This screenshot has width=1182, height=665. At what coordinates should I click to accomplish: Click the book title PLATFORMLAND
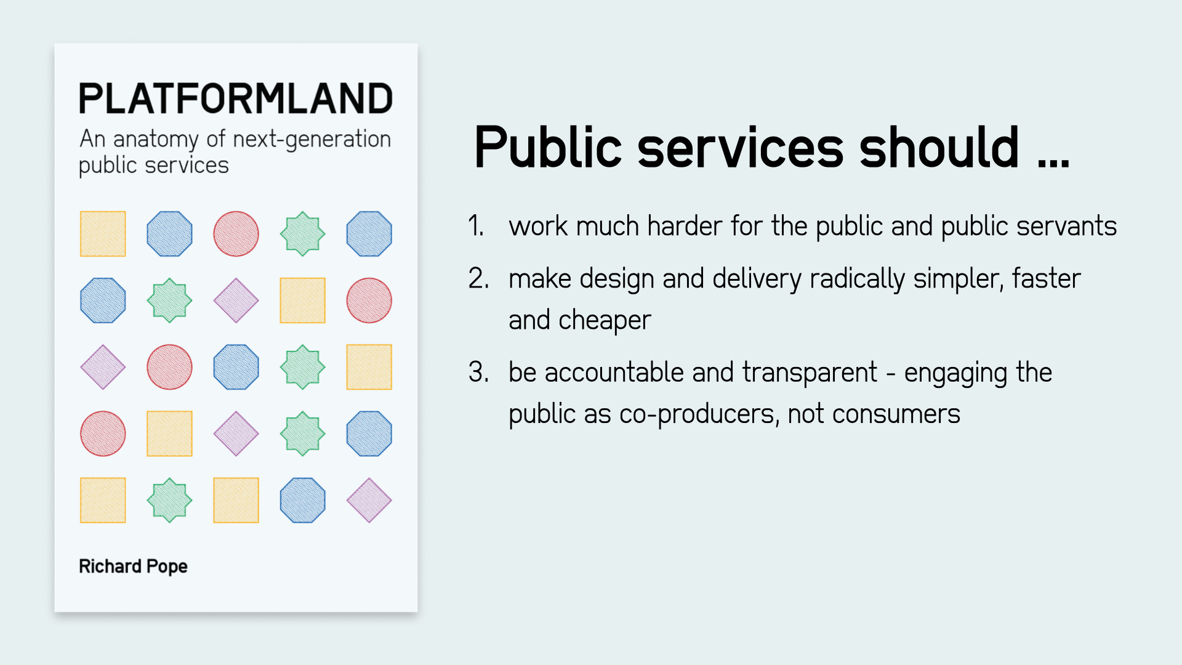tap(236, 99)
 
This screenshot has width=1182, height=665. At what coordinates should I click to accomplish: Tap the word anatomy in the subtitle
tap(155, 140)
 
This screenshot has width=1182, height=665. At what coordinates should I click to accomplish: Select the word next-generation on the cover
tap(312, 140)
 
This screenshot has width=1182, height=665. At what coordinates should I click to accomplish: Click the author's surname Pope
tap(167, 566)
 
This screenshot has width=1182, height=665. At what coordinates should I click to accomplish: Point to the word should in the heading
tap(939, 147)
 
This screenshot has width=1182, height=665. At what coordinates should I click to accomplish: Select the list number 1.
tap(475, 225)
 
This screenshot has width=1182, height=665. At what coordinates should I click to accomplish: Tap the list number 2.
tap(478, 278)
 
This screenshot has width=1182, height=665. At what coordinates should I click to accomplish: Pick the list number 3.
tap(478, 372)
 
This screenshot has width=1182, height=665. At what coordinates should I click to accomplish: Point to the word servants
tap(1066, 227)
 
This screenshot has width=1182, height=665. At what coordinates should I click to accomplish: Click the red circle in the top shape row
tap(236, 234)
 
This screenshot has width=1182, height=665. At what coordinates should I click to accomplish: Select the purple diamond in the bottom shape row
tap(369, 500)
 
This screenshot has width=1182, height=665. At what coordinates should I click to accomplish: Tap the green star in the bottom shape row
tap(169, 500)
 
